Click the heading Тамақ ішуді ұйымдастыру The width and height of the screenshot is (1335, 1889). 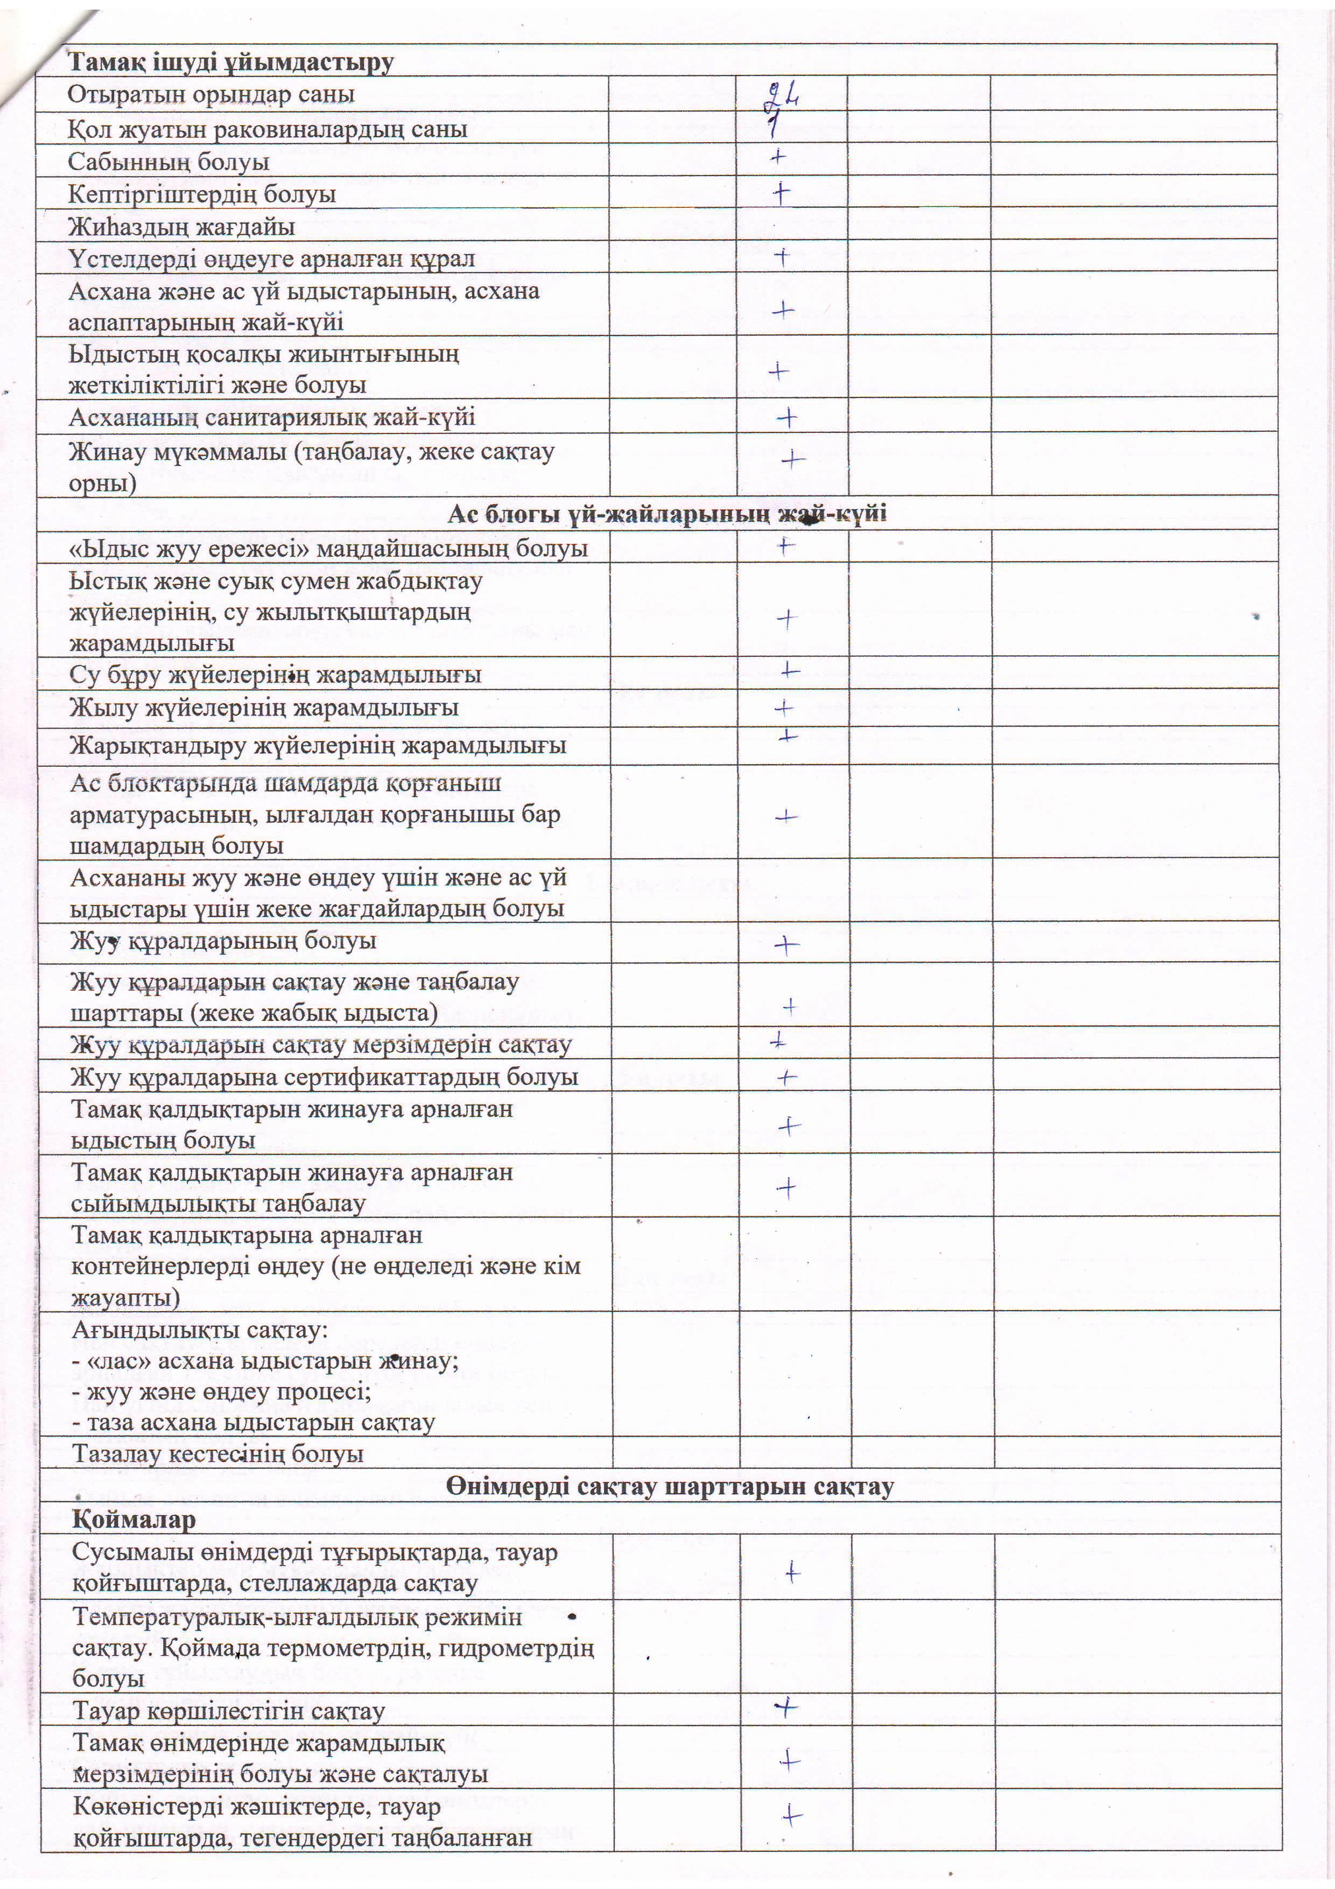pos(230,62)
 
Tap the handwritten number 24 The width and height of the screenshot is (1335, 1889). pos(782,96)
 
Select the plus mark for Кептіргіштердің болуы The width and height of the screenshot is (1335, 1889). pos(781,193)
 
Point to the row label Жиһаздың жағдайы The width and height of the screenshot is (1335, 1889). pos(181,226)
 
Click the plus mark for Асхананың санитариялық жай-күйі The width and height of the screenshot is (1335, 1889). pos(787,418)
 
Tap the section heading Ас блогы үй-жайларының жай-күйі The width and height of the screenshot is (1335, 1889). pos(667,514)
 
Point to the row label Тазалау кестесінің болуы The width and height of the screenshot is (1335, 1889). pos(218,1454)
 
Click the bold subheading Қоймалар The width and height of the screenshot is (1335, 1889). pos(134,1519)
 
